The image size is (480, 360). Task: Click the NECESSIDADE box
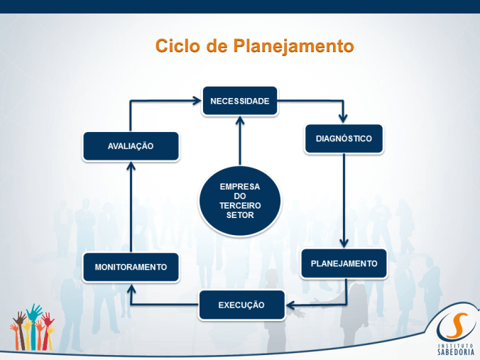[x=240, y=101]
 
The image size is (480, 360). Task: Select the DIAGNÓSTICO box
[x=344, y=138]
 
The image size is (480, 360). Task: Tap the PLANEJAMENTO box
[x=344, y=263]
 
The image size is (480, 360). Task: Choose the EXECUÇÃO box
[x=241, y=305]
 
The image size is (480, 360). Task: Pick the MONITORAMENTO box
[x=131, y=267]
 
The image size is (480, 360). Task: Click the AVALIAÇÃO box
[x=131, y=146]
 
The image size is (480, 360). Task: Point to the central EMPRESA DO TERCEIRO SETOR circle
[x=239, y=201]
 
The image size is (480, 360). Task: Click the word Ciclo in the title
[x=180, y=47]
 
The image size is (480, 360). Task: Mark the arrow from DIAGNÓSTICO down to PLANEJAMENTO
[x=344, y=199]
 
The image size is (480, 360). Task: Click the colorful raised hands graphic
[x=33, y=328]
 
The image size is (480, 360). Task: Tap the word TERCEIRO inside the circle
[x=239, y=205]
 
